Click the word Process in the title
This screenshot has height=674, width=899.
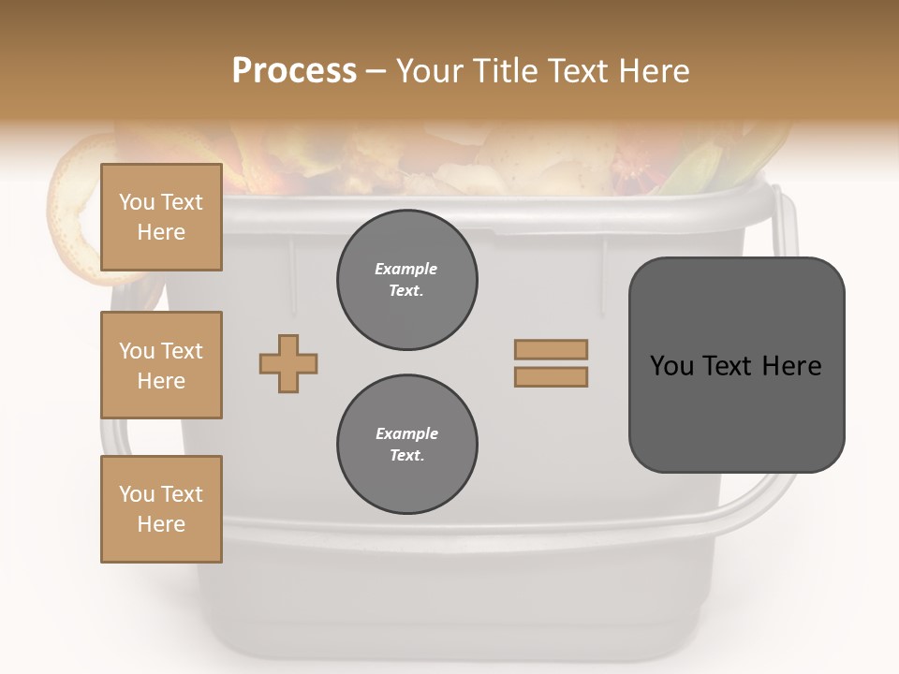(x=294, y=70)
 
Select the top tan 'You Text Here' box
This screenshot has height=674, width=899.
(x=161, y=217)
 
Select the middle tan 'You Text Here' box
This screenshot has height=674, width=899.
(x=161, y=365)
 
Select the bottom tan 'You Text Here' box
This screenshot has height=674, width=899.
(x=161, y=509)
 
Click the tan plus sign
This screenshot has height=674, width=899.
(x=288, y=363)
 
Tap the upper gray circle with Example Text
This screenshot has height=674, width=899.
(x=406, y=280)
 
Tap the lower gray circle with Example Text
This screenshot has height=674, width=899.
(x=406, y=445)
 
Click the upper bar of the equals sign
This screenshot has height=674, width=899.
(x=551, y=349)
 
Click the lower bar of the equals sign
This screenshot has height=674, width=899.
(x=551, y=376)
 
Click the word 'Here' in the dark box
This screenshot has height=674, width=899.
(x=791, y=365)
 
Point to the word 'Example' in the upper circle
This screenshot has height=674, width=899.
(x=406, y=269)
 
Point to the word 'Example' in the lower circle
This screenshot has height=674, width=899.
(x=406, y=433)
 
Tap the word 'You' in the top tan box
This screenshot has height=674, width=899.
(x=137, y=202)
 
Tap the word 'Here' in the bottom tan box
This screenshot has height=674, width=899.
(x=161, y=524)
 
